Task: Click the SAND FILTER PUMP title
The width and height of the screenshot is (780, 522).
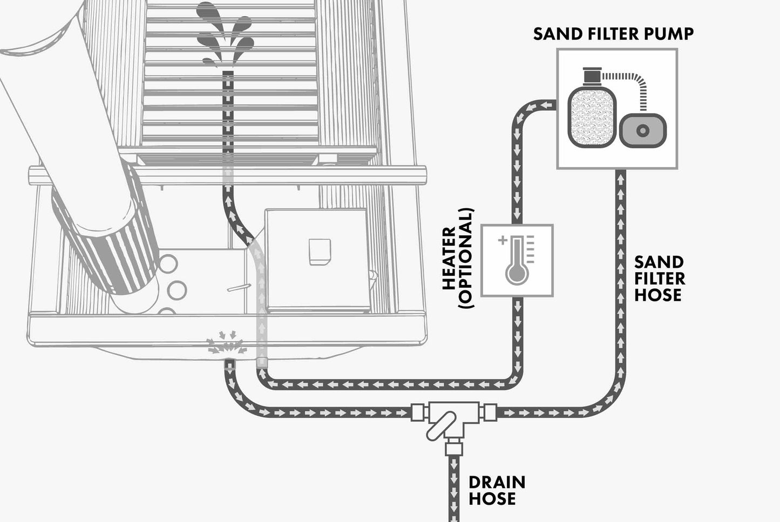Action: (613, 33)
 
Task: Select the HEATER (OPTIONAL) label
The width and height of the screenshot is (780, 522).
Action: (457, 258)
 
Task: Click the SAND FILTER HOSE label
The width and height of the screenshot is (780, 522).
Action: (659, 279)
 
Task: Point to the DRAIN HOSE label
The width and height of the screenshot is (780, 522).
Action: (496, 490)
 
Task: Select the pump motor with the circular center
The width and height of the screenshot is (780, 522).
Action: (642, 130)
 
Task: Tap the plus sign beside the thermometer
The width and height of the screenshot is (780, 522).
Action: (503, 240)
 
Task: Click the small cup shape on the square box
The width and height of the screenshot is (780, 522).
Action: (320, 252)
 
